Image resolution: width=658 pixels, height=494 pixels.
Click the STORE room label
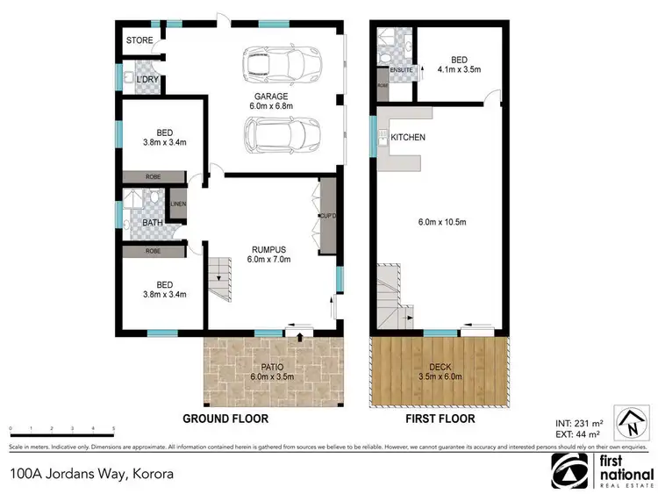point(139,40)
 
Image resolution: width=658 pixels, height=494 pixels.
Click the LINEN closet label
point(178,204)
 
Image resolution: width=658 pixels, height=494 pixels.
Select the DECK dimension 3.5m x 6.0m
point(440,377)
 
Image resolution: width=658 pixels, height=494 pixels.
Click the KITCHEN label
point(408,138)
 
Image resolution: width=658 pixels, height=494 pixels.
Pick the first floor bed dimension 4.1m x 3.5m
point(460,68)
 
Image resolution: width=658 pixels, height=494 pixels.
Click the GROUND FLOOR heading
point(225,419)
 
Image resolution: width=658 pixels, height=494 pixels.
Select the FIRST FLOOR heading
point(439,419)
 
